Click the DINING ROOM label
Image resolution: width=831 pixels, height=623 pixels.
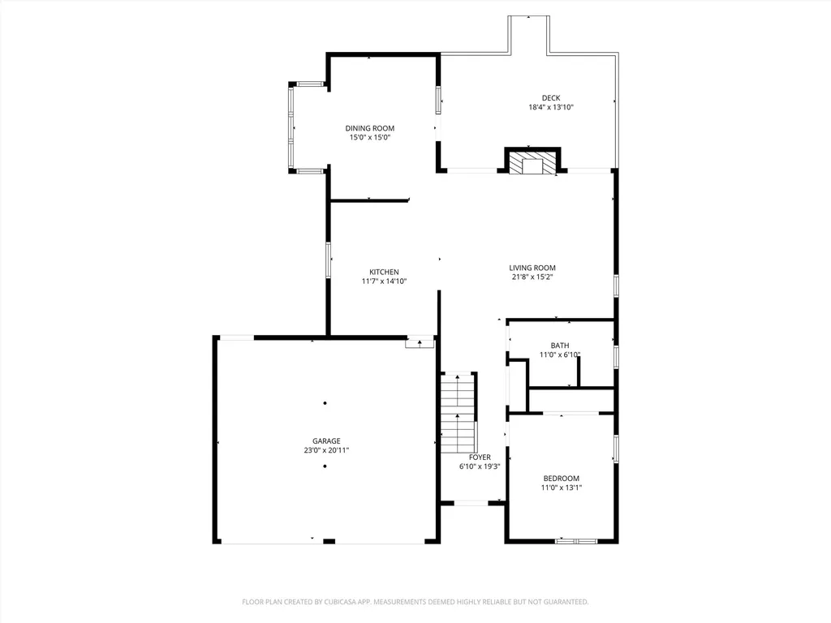370,128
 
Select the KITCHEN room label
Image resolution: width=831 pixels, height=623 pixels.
384,272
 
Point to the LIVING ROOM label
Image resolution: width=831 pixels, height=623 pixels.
532,268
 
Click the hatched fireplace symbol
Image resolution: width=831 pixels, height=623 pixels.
532,162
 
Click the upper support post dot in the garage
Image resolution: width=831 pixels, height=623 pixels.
325,403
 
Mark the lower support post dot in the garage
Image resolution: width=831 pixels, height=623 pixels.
325,466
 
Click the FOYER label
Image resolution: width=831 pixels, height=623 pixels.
480,457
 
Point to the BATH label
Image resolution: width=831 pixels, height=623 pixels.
560,346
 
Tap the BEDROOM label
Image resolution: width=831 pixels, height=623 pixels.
562,479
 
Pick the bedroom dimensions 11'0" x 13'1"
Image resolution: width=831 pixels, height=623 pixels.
562,488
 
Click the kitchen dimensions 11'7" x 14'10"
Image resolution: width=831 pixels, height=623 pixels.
384,281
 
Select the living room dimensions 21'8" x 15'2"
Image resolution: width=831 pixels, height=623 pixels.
532,277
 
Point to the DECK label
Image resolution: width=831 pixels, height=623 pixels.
551,98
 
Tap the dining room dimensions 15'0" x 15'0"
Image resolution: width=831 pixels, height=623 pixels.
370,138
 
